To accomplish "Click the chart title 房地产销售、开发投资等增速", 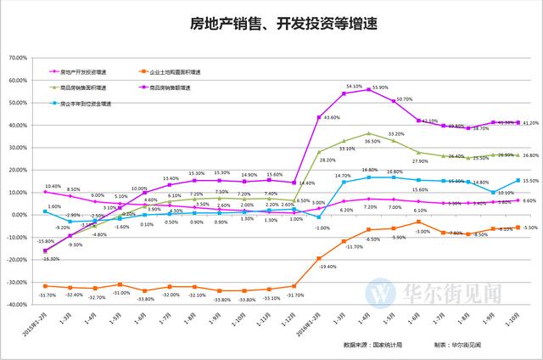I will coord(271,23).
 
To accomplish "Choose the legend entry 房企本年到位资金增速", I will coord(85,104).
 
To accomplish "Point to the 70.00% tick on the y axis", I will coord(18,58).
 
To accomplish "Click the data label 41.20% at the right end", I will coord(530,123).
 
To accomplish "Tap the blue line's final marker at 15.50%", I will coord(517,180).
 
